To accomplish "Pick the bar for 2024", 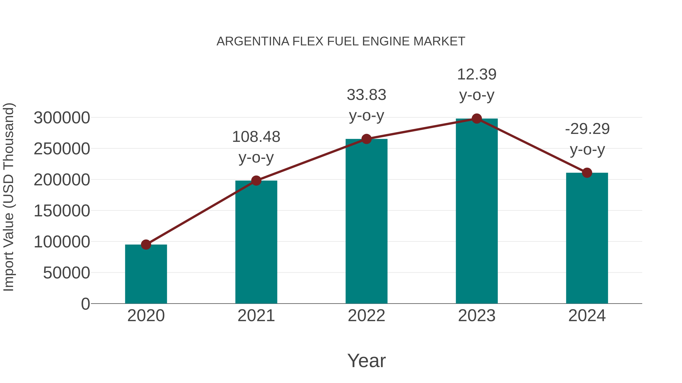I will point(587,238).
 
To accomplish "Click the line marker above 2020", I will point(146,245).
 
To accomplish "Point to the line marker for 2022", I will point(366,139).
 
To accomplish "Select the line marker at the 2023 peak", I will point(477,119).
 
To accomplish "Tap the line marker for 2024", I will point(587,173).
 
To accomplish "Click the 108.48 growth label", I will point(256,137).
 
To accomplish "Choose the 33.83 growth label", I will point(366,95).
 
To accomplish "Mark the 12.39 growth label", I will point(477,75).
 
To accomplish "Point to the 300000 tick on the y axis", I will point(62,118).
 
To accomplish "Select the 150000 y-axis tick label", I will point(62,211).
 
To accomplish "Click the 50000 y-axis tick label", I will point(66,273).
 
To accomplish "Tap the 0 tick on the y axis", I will point(85,304).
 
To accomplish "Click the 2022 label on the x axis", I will point(366,316).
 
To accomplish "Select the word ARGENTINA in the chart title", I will point(253,41).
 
